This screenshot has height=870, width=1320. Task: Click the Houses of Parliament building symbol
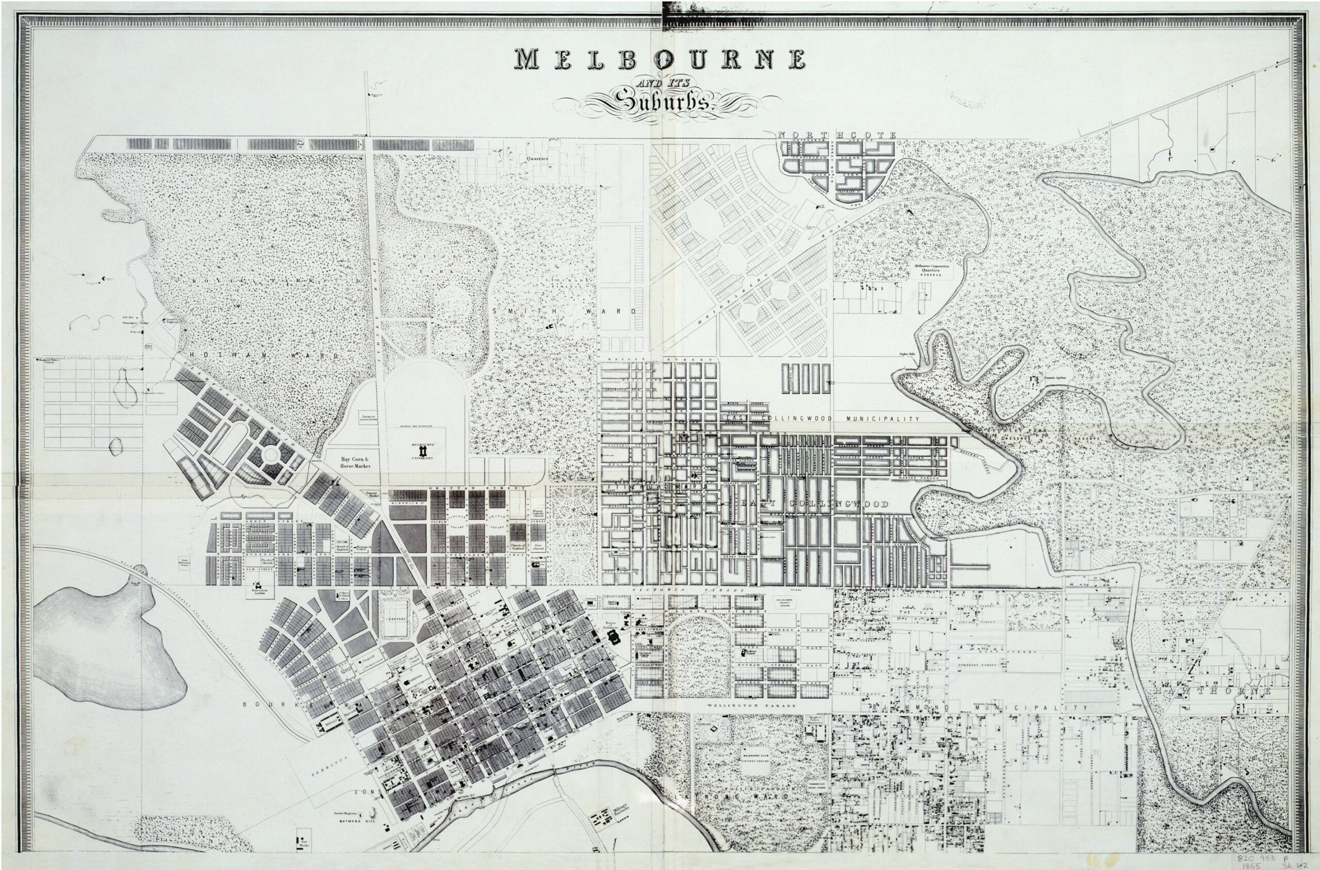click(x=615, y=638)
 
